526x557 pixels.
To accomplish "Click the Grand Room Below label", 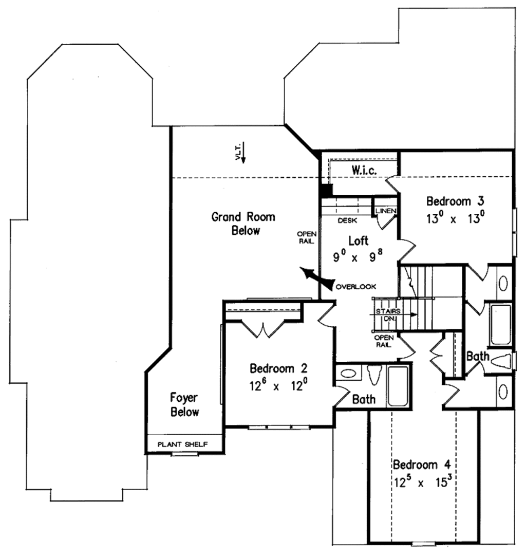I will coord(243,224).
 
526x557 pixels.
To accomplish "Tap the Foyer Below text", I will coord(185,405).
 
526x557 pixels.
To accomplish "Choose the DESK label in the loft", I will coord(347,221).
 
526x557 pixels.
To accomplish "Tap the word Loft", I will coord(358,240).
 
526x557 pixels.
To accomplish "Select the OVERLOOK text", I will coord(355,286).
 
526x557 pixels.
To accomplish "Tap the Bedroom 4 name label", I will coord(422,466).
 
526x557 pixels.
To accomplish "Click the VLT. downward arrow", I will coord(243,153).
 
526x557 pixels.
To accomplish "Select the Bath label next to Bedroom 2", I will coord(363,399).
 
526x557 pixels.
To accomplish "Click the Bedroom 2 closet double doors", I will coord(263,329).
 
